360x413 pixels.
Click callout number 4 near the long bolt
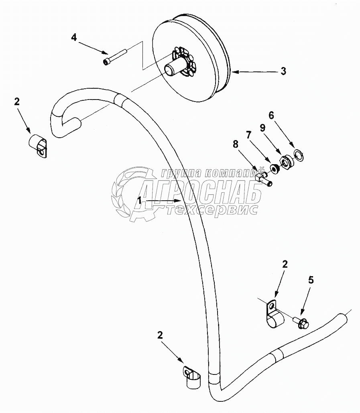coord(74,38)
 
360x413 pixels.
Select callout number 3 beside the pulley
coord(283,71)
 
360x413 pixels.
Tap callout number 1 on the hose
coord(140,200)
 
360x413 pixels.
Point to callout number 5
coord(311,280)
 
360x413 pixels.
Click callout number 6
coord(271,115)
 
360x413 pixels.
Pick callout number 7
coord(248,135)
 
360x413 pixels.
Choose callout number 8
coord(236,144)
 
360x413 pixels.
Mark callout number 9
coord(262,128)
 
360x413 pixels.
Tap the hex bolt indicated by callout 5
coord(301,323)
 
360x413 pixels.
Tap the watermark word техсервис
coord(212,210)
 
